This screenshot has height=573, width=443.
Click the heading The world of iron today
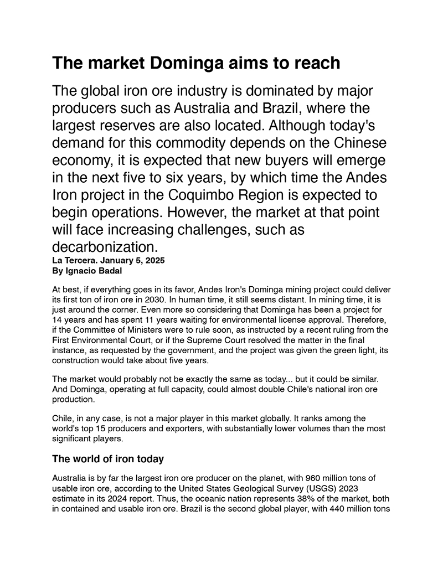(x=107, y=459)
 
